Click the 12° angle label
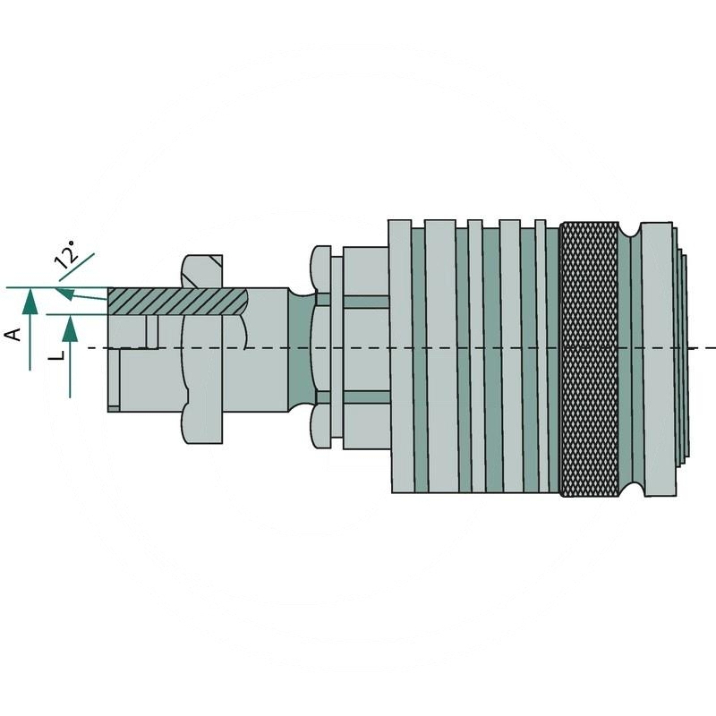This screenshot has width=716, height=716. [x=65, y=260]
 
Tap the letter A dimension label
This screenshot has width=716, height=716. [x=13, y=334]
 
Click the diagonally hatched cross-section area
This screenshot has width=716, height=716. [x=175, y=301]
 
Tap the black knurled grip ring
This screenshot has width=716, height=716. [x=589, y=358]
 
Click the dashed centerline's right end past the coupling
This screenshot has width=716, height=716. [x=707, y=347]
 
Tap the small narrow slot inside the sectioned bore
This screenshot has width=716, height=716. [x=152, y=331]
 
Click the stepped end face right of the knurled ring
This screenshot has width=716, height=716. [x=682, y=358]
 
